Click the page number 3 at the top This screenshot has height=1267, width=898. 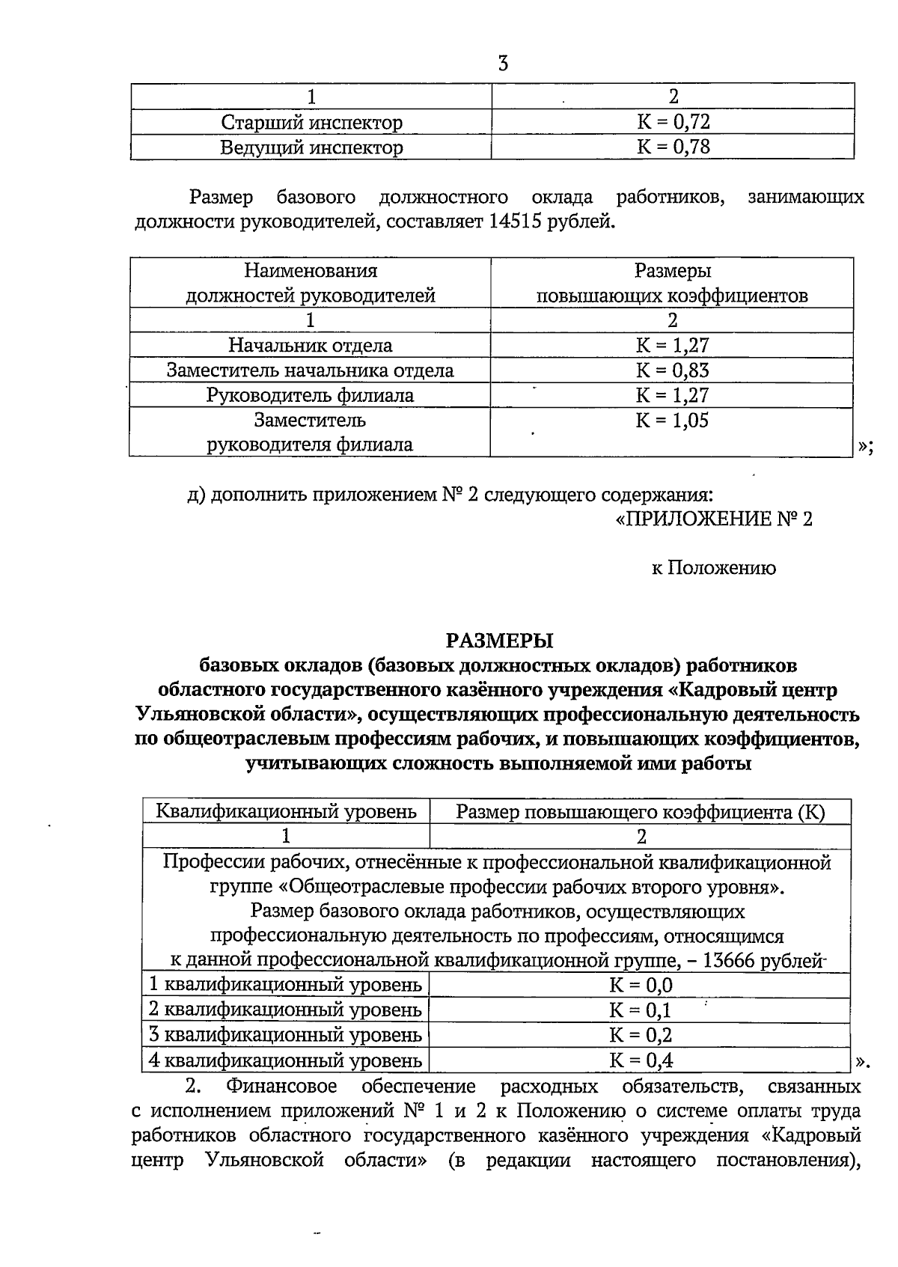503,64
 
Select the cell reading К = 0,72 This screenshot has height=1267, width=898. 672,122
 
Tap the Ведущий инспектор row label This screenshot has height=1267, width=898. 311,147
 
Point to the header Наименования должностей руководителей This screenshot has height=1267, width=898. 311,283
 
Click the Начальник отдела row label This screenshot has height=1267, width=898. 311,345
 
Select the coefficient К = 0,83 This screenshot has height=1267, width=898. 672,370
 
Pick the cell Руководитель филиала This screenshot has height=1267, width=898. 311,395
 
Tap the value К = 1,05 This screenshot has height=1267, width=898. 672,420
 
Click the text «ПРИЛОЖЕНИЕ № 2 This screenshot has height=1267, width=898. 712,519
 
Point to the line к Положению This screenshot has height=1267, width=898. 712,568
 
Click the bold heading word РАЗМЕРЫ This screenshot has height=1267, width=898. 498,641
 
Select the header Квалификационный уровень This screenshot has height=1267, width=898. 286,811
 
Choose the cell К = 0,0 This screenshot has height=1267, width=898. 641,986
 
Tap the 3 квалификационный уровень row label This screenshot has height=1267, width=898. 286,1035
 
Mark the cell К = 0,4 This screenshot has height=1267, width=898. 641,1060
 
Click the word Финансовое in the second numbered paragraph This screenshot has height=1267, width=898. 282,1086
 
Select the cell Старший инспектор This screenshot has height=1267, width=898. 311,122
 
